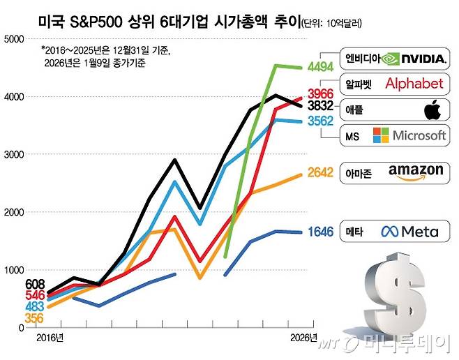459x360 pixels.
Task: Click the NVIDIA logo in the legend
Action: point(414,59)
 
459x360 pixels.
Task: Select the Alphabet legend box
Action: point(393,84)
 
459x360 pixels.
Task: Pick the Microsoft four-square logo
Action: point(381,135)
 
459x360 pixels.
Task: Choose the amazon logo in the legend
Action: point(416,172)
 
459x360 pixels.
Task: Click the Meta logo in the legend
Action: point(410,231)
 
